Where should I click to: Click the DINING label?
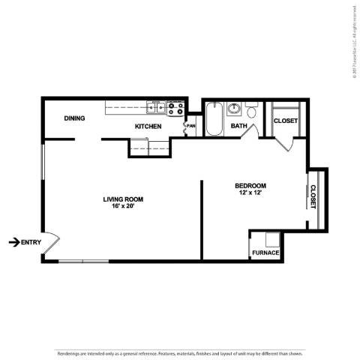tap(73, 118)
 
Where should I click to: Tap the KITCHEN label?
tap(148, 127)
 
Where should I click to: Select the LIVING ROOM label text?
tap(123, 199)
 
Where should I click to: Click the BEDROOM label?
tap(250, 186)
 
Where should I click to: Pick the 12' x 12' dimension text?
tap(250, 193)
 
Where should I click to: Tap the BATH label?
tap(238, 127)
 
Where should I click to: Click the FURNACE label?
tap(265, 253)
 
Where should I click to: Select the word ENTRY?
tap(31, 241)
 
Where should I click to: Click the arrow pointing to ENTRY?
tap(13, 241)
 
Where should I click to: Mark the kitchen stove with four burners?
tap(175, 109)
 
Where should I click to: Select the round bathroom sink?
tap(234, 108)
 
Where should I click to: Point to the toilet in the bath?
tap(253, 112)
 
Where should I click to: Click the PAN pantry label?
tap(191, 126)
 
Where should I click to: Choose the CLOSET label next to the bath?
tap(285, 121)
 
